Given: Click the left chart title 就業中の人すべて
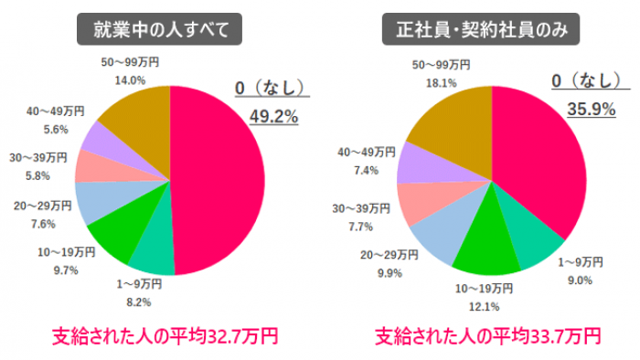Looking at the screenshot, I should coord(160,30).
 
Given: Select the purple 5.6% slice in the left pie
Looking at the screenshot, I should coord(96,138).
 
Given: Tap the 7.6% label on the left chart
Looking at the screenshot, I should coord(42,224).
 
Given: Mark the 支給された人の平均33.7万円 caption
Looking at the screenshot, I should coord(487,336).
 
